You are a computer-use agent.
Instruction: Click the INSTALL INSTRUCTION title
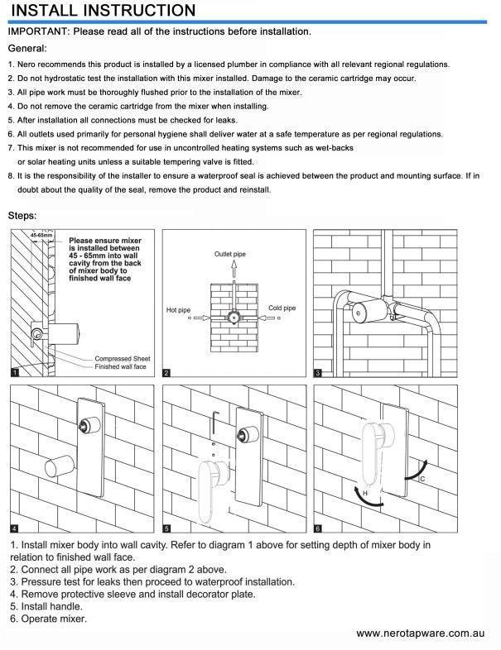point(104,11)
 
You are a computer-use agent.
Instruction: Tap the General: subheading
point(27,49)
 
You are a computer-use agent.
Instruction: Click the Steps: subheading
point(22,216)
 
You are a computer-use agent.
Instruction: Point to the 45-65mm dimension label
point(41,236)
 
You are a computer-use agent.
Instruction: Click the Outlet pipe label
point(231,253)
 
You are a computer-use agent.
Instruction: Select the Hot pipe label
point(178,310)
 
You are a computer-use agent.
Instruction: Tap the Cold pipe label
point(282,308)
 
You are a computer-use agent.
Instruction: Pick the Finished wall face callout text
point(121,366)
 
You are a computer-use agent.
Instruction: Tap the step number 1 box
point(14,373)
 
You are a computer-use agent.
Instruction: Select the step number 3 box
point(319,373)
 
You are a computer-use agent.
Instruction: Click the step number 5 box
point(166,528)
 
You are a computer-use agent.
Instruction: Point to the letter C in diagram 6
point(423,479)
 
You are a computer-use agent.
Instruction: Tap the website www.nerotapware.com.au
point(420,633)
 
